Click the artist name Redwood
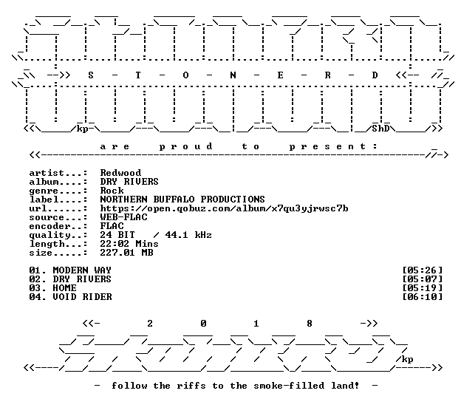(x=120, y=173)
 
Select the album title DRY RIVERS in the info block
(x=129, y=182)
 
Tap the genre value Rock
(x=112, y=191)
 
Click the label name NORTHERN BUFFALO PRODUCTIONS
(x=182, y=199)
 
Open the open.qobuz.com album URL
(x=224, y=208)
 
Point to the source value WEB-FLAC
(x=123, y=217)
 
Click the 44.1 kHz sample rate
(x=188, y=235)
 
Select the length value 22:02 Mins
(x=129, y=244)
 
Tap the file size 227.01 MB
(x=126, y=253)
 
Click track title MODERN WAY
(x=82, y=270)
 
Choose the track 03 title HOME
(x=65, y=288)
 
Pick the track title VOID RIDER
(x=82, y=297)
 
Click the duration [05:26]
(x=422, y=270)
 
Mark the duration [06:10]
(x=422, y=297)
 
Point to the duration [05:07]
(x=422, y=279)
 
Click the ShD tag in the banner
(x=380, y=129)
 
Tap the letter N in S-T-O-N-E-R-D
(x=233, y=75)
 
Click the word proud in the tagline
(x=185, y=146)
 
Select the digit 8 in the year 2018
(x=310, y=324)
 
